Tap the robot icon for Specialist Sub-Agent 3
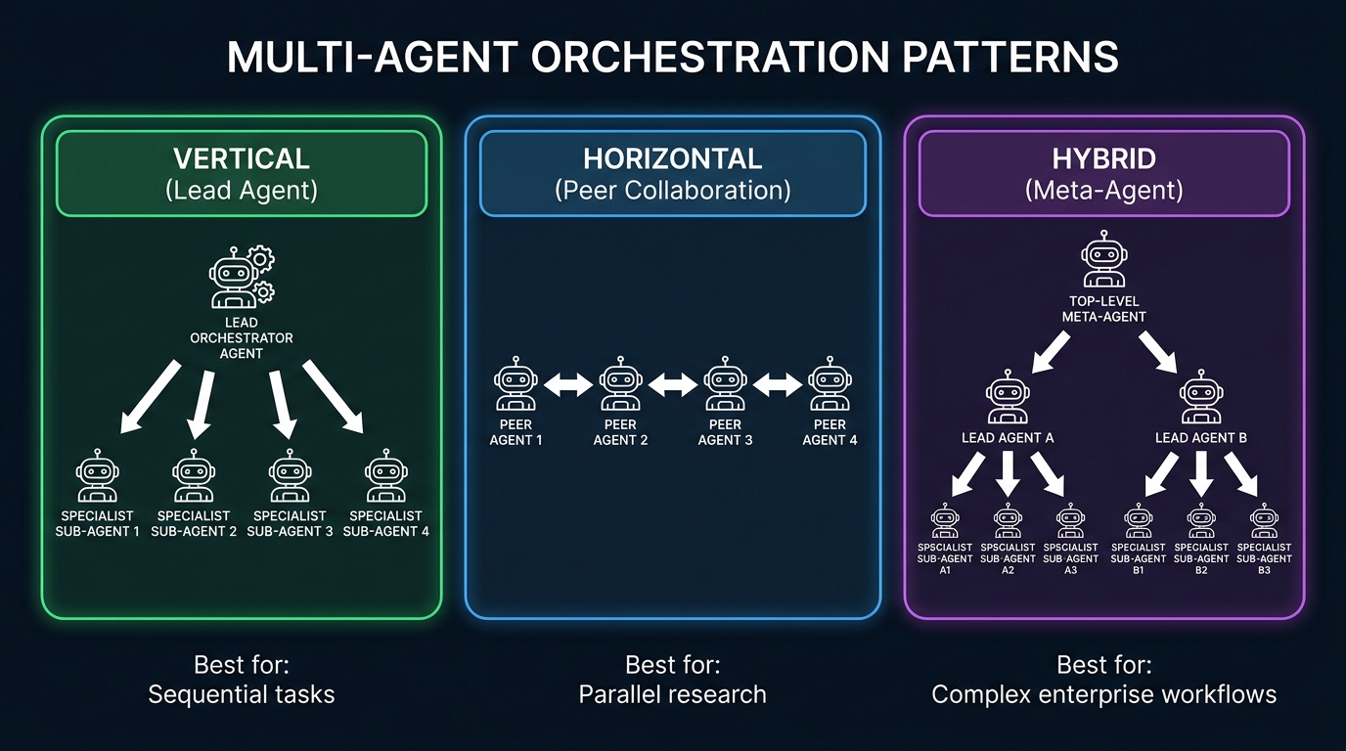coord(290,477)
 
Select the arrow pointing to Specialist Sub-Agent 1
coord(150,396)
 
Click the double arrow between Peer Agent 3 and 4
coord(778,386)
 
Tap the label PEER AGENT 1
coord(516,432)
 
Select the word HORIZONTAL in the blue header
coord(673,158)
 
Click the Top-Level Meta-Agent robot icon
coord(1103,259)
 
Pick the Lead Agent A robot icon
coord(1008,399)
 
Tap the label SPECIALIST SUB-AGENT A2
coord(1008,558)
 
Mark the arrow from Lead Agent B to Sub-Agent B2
coord(1202,471)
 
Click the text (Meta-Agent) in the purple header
coord(1103,190)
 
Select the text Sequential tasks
coord(242,695)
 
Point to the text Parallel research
coord(673,695)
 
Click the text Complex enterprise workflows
coord(1103,695)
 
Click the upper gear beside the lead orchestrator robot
coord(261,258)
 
